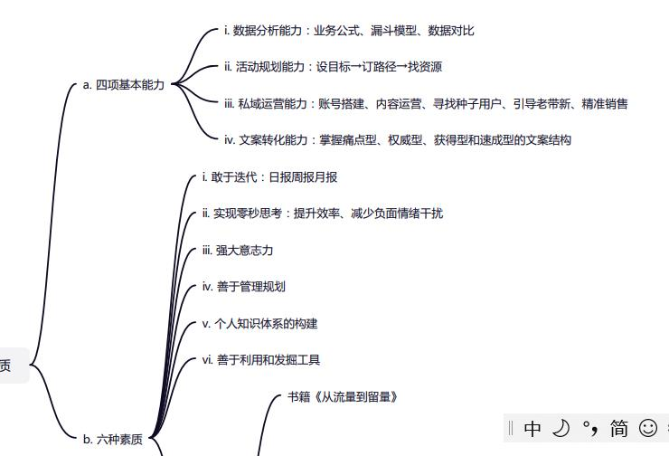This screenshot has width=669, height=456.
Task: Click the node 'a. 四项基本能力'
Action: coord(124,85)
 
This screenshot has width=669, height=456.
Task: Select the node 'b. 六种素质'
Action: coord(113,440)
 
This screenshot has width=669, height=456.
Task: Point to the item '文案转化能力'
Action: coord(274,140)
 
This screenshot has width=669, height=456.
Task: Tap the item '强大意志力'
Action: coord(238,251)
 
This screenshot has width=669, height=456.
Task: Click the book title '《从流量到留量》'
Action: coord(360,397)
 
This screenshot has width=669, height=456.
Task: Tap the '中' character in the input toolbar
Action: coord(532,428)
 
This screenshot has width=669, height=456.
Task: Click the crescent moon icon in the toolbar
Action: coord(561,428)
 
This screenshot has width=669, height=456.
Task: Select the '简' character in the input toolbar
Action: coord(619,428)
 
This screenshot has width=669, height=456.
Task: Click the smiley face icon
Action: coord(648,428)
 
